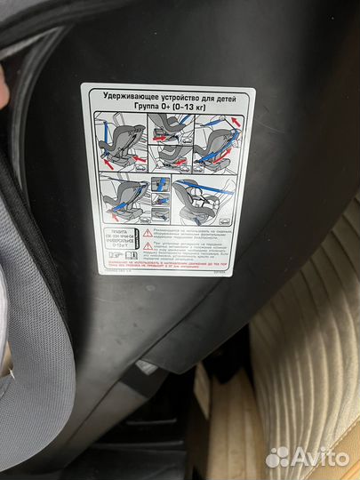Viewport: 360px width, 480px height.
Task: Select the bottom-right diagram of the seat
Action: [x=209, y=203]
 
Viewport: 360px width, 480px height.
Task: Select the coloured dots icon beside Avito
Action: [x=278, y=457]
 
